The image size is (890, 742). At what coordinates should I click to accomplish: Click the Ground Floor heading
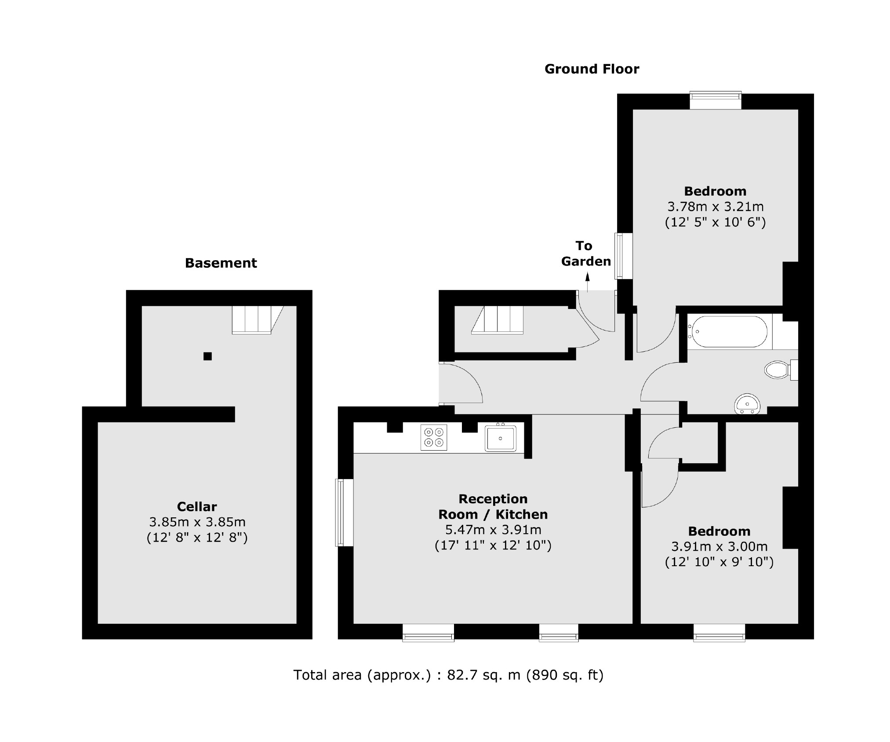(x=592, y=69)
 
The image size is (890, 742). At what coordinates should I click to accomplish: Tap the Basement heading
(x=221, y=263)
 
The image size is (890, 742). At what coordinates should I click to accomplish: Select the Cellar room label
(x=197, y=506)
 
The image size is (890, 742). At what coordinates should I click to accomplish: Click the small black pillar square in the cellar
(x=207, y=356)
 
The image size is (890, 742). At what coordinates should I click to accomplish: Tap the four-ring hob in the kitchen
(x=433, y=437)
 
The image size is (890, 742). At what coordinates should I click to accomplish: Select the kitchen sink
(x=500, y=438)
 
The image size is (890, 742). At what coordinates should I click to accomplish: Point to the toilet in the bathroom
(x=779, y=370)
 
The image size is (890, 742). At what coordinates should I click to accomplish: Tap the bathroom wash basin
(x=747, y=404)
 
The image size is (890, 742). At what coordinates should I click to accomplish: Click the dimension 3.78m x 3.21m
(x=715, y=206)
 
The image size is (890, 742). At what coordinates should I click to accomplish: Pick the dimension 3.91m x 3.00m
(x=719, y=546)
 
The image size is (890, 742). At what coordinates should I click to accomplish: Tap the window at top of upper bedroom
(x=715, y=101)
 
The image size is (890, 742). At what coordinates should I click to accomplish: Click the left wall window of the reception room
(x=344, y=512)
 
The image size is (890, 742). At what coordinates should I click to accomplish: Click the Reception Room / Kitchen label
(x=493, y=506)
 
